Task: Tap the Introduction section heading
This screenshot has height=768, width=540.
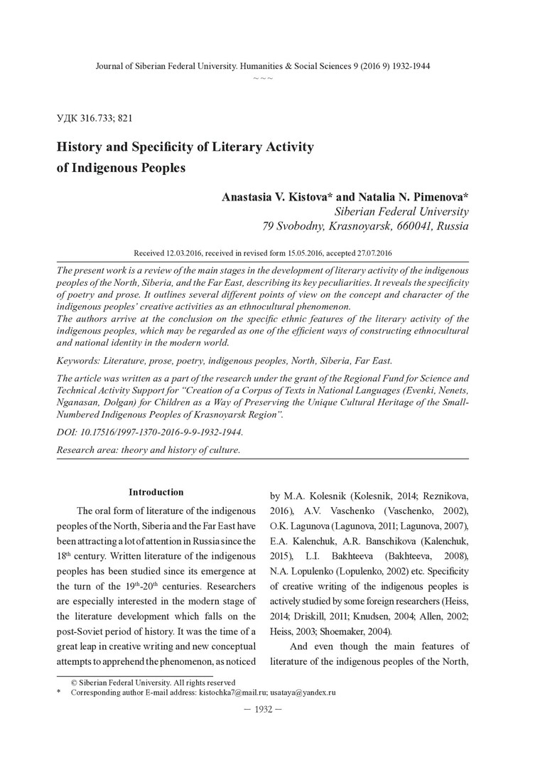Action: click(x=156, y=492)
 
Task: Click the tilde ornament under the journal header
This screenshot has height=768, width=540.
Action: click(x=263, y=77)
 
